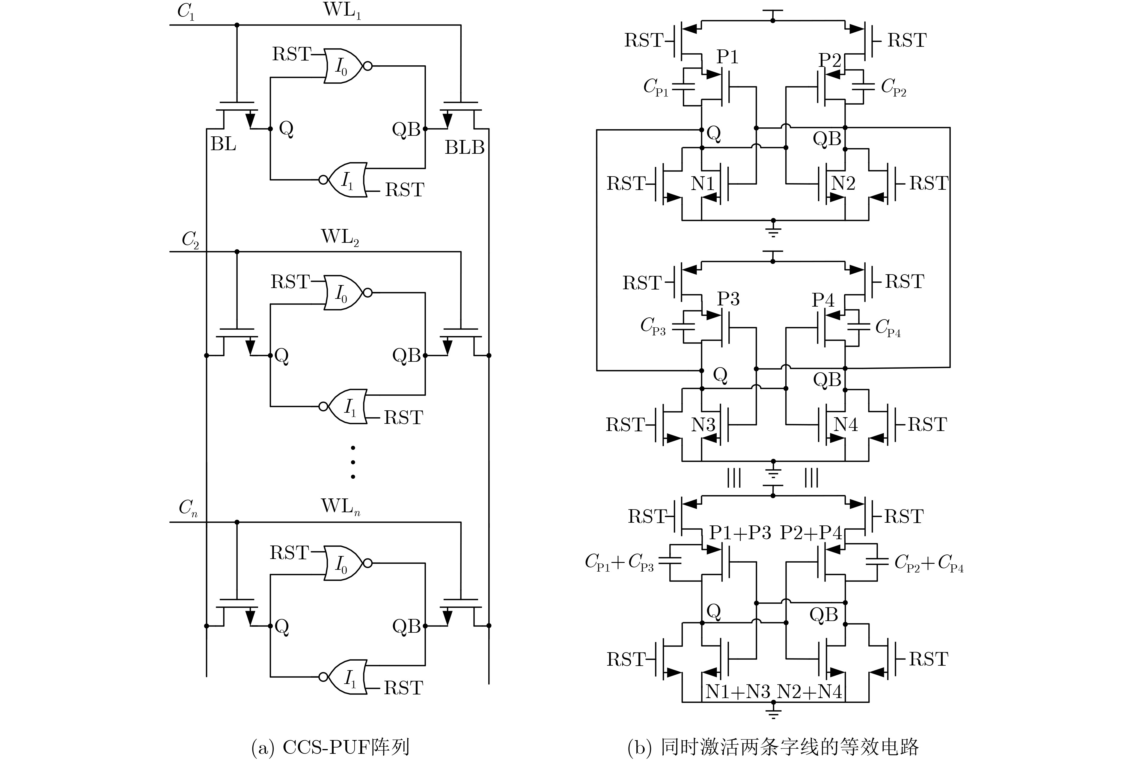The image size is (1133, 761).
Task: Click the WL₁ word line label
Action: tap(342, 11)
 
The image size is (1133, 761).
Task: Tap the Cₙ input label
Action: tap(188, 508)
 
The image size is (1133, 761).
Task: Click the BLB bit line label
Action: tap(464, 147)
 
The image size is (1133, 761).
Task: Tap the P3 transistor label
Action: tap(728, 299)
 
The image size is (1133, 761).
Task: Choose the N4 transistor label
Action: tap(845, 425)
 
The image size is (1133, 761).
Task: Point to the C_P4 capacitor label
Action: tap(888, 328)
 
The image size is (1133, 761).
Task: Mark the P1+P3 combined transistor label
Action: tap(740, 533)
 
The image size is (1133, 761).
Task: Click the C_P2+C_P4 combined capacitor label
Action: tap(929, 563)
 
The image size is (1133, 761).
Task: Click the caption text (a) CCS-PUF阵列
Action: tap(330, 748)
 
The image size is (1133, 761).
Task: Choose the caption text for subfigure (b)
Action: tap(773, 748)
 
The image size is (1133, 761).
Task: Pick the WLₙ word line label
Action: tap(340, 506)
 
